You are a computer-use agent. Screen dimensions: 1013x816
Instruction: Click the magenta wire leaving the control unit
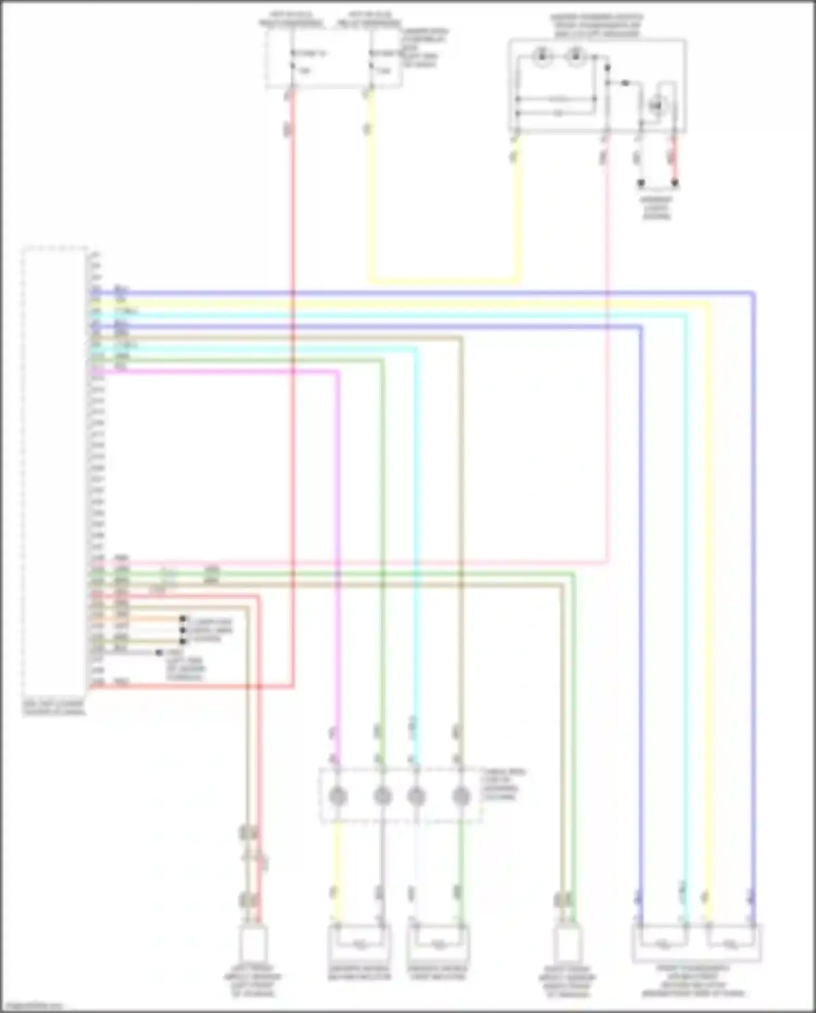218,372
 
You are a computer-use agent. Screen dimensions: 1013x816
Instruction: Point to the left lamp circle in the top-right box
542,57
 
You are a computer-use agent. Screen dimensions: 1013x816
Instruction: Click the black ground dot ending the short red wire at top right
675,183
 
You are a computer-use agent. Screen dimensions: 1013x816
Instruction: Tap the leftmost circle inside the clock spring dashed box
338,796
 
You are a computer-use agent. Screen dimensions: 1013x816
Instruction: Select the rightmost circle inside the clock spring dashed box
461,796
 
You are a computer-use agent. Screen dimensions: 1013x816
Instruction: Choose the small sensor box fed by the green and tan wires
567,944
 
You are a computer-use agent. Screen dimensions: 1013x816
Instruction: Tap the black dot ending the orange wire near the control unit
183,619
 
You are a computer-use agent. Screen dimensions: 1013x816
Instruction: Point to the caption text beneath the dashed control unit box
54,708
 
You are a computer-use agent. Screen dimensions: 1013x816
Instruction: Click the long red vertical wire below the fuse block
293,381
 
